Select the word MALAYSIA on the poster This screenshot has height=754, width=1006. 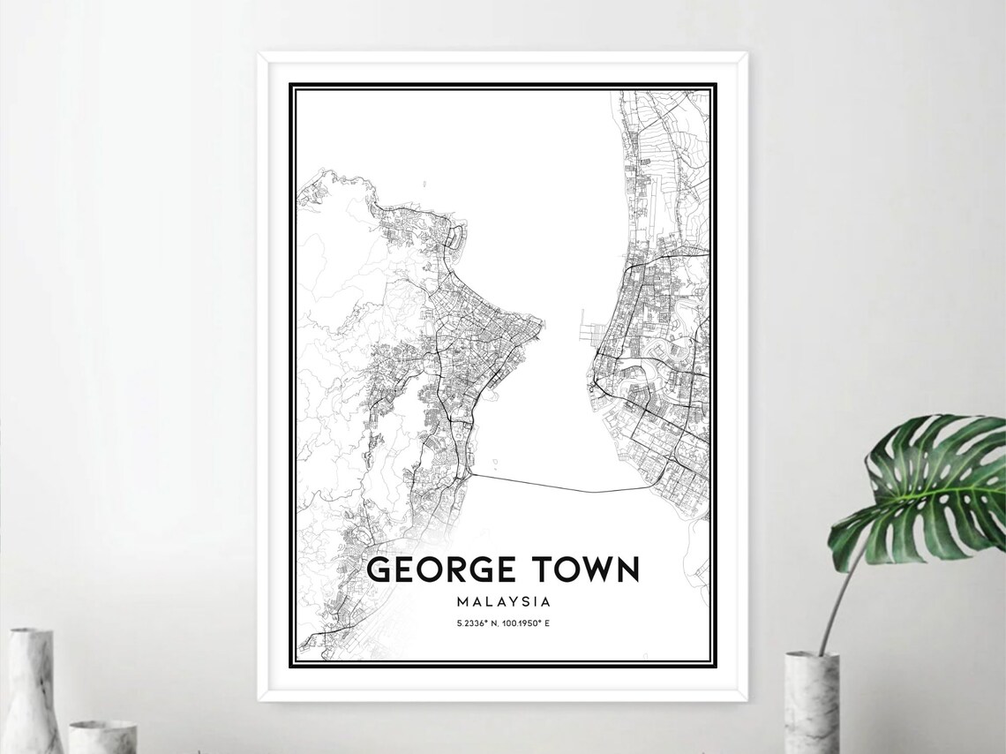pos(504,602)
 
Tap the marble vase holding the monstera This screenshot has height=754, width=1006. pos(811,702)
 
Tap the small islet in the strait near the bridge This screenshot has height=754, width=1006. pos(494,460)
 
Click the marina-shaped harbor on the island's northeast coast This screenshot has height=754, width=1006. pos(456,237)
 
